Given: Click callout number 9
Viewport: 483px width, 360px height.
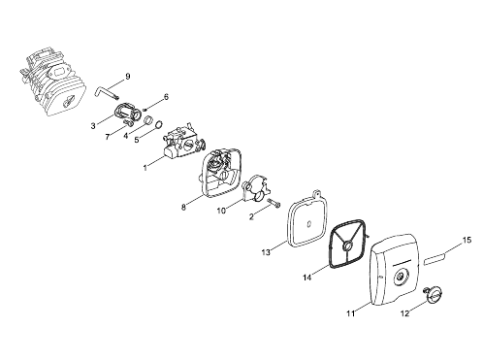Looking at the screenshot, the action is click(128, 77).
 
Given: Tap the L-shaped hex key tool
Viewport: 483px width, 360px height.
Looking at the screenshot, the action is click(104, 91).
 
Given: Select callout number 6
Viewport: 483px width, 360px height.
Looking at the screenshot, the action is click(166, 97).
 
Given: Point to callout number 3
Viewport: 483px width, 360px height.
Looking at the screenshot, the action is click(93, 126).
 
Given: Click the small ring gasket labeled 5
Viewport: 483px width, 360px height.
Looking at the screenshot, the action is click(159, 124).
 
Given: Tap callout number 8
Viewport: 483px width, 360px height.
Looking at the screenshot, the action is click(183, 208).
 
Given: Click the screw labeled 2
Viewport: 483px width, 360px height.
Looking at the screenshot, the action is click(274, 204).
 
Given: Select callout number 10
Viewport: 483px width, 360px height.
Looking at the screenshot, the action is click(221, 211).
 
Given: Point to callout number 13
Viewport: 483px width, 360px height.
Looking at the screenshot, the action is click(266, 252).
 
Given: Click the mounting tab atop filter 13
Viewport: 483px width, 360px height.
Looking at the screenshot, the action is click(318, 194).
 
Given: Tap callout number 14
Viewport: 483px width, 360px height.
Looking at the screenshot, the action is click(307, 278).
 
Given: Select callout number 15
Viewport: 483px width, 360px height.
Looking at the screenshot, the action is click(467, 241).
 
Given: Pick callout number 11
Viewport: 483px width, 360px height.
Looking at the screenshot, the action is click(351, 313).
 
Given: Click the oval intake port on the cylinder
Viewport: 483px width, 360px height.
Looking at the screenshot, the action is click(59, 71).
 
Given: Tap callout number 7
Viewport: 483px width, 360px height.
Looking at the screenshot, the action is click(108, 137).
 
